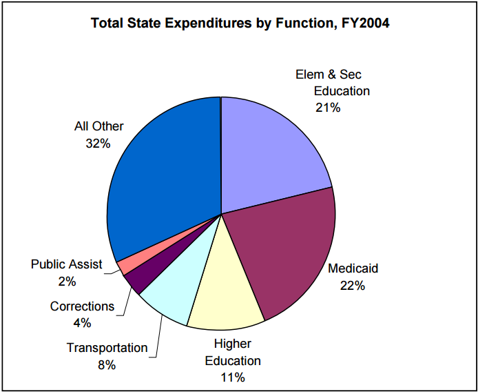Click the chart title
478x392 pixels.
[x=240, y=23]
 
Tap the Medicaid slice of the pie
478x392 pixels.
[x=282, y=248]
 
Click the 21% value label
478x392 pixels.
[x=328, y=107]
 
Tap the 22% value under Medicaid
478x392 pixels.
[x=353, y=285]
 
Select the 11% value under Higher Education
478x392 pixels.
[x=233, y=377]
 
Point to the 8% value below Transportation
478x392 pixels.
[x=107, y=364]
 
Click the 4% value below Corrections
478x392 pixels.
[x=82, y=322]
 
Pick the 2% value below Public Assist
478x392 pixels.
[x=67, y=281]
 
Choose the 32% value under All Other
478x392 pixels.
[x=98, y=144]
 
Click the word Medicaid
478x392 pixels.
[x=353, y=268]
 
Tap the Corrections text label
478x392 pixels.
[x=82, y=306]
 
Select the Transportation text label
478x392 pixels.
[x=107, y=348]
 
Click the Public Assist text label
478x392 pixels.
[x=67, y=264]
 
